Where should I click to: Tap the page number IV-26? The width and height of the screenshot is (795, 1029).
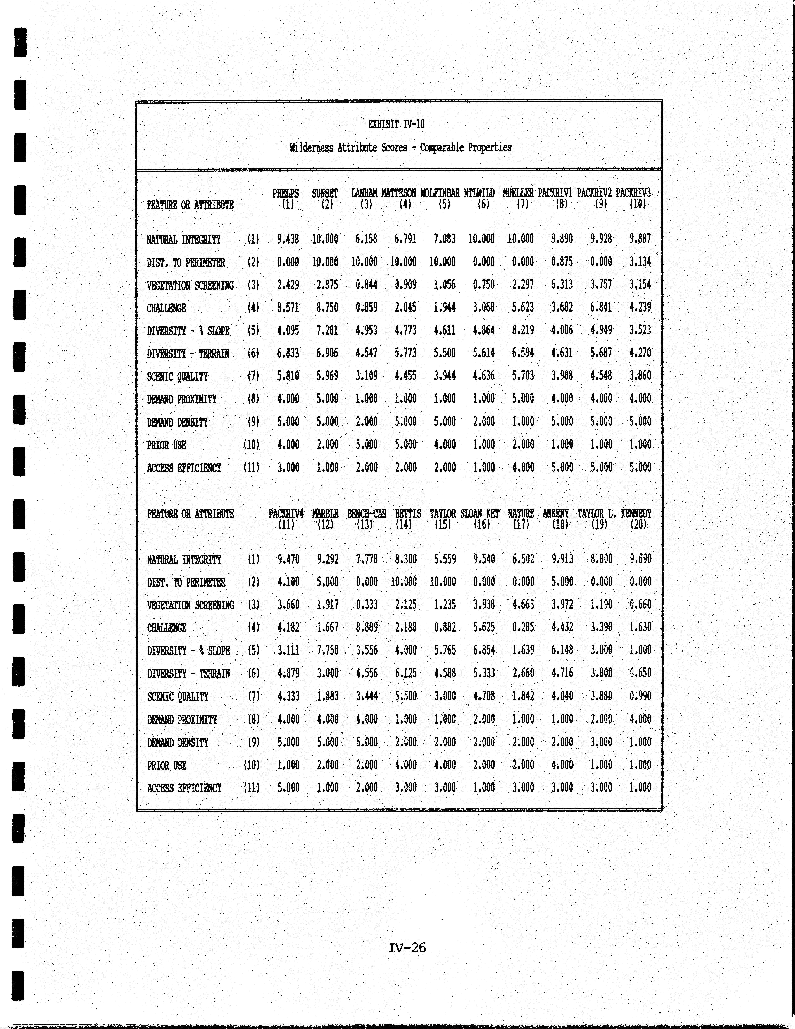[x=407, y=947]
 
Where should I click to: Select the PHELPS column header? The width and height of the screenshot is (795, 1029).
[x=286, y=193]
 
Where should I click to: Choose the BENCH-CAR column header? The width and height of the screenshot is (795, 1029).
[x=367, y=514]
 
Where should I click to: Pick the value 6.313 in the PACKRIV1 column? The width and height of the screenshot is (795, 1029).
[x=562, y=285]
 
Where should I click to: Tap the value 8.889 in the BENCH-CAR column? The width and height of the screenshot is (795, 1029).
[x=367, y=627]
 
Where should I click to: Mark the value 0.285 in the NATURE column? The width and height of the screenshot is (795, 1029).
[x=523, y=627]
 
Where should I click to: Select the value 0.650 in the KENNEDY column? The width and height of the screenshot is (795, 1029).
[x=640, y=673]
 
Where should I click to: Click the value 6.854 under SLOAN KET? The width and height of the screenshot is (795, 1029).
[x=484, y=650]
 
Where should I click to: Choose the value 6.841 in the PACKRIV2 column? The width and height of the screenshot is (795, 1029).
[x=601, y=307]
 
